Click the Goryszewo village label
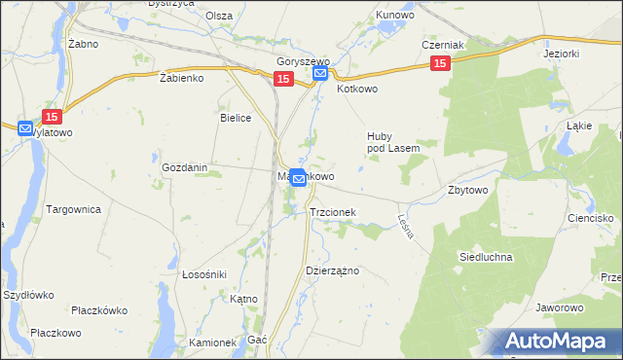point(304,60)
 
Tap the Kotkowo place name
point(356,89)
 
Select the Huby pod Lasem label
point(392,142)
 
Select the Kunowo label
point(396,17)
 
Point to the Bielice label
point(237,118)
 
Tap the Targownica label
point(74,209)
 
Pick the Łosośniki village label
point(204,274)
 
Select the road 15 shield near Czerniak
point(440,63)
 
